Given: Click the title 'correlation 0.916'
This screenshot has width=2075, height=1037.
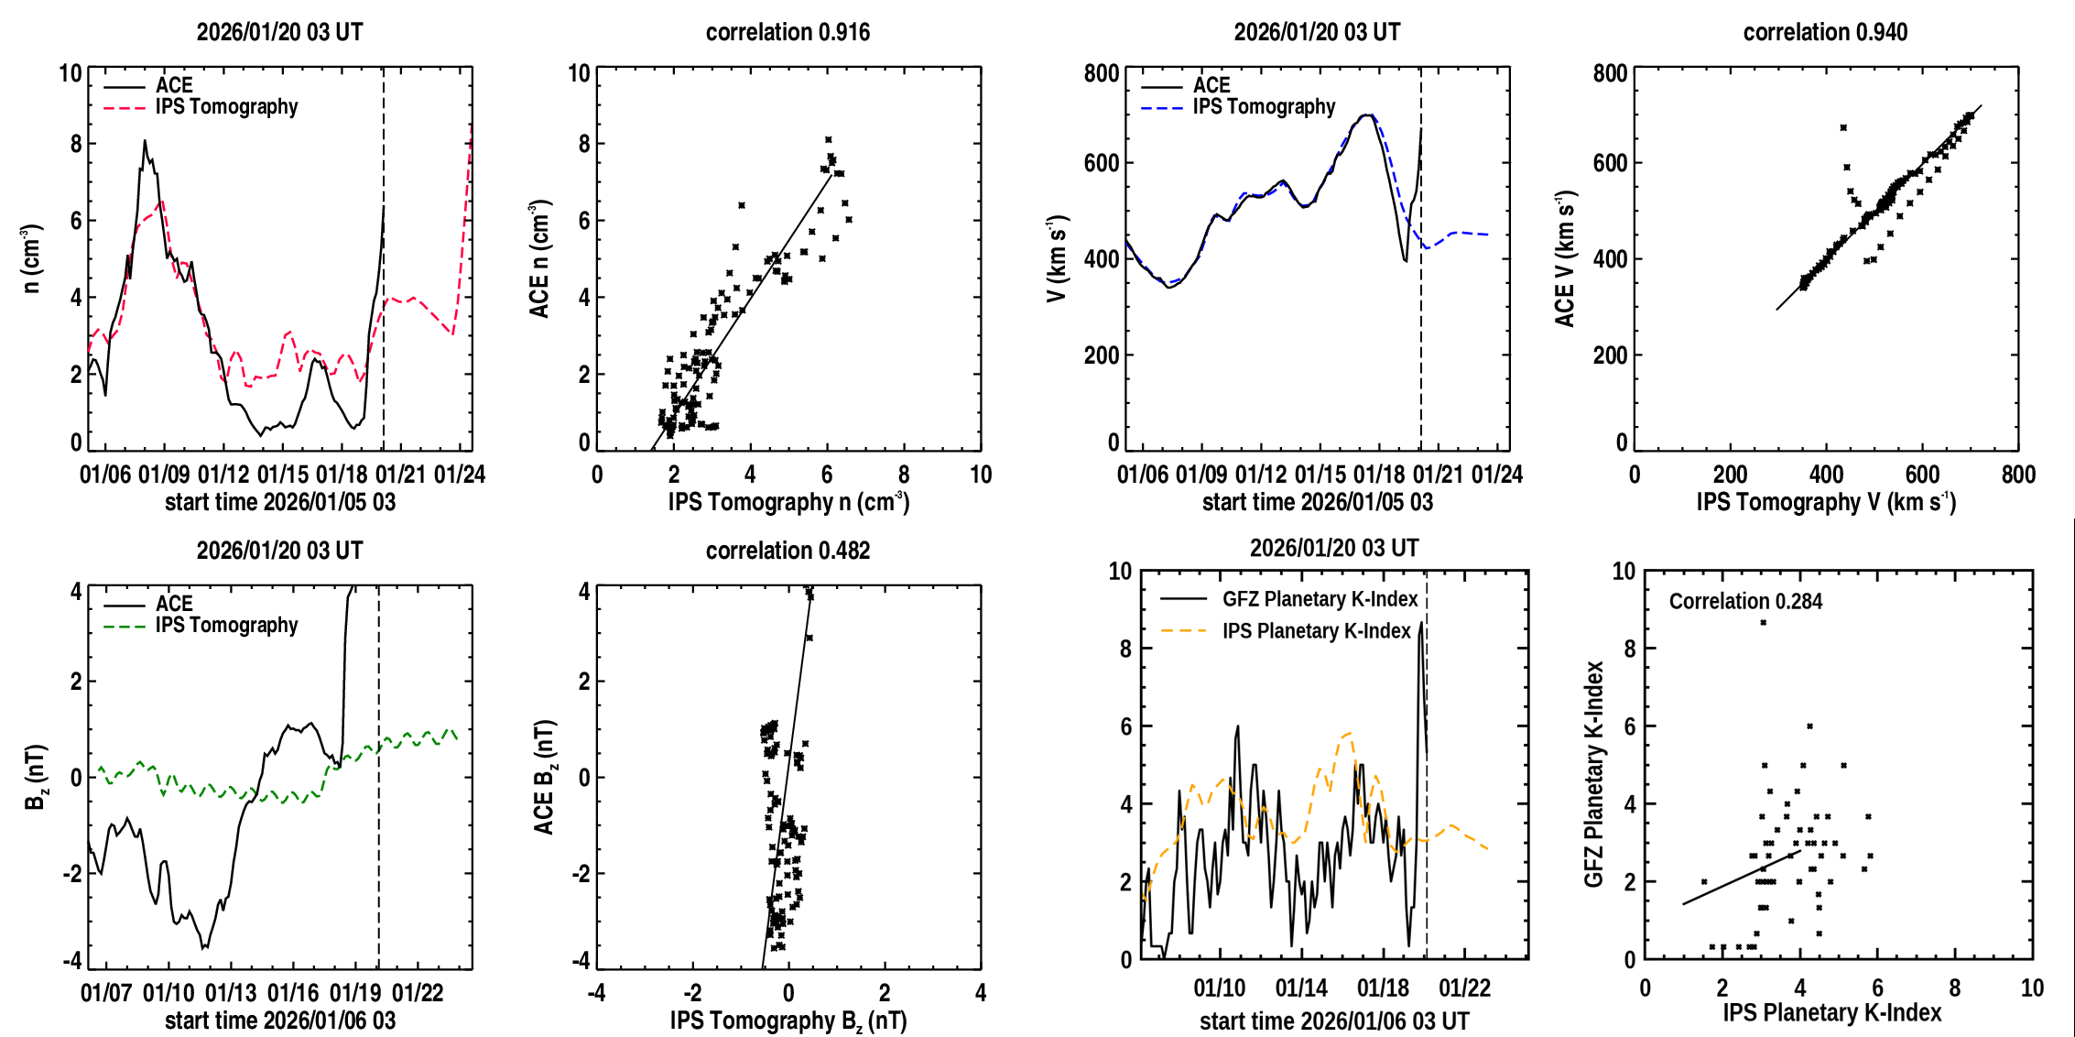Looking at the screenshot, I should [788, 32].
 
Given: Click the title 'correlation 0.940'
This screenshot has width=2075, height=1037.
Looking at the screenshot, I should [1825, 32].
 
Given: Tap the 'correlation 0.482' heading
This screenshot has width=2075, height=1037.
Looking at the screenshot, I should [788, 551].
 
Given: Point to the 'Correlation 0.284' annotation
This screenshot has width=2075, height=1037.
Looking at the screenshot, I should [1745, 601].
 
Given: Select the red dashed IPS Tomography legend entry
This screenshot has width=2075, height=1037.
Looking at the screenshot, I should [226, 107].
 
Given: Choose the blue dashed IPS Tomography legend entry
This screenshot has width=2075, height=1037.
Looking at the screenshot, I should [1264, 107].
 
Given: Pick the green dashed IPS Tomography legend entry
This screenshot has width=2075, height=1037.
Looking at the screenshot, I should [226, 626].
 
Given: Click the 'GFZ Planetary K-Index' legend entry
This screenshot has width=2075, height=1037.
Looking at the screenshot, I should [1320, 599].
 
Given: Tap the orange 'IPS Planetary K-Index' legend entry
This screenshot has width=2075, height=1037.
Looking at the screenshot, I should [1316, 631].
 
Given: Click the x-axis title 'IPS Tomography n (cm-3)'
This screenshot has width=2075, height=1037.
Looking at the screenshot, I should [788, 502].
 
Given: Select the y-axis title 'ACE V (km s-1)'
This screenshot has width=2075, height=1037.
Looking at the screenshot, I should [1565, 259].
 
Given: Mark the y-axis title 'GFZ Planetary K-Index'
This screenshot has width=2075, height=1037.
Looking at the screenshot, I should [1594, 774].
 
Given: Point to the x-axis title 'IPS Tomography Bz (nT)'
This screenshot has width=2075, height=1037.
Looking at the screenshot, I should [788, 1021].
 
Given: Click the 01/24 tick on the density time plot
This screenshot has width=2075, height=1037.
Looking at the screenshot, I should [459, 475].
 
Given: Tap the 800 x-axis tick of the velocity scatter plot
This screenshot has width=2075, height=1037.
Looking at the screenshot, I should [2018, 475].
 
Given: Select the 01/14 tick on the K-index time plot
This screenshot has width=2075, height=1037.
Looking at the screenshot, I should [1301, 988].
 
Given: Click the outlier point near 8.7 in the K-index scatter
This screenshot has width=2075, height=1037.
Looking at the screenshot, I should [1763, 623].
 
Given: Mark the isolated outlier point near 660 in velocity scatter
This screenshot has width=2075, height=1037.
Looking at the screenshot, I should [1843, 128].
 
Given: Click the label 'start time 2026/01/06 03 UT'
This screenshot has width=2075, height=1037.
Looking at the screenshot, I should [1334, 1021].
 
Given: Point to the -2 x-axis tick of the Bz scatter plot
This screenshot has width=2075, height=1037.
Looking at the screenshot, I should [691, 993].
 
